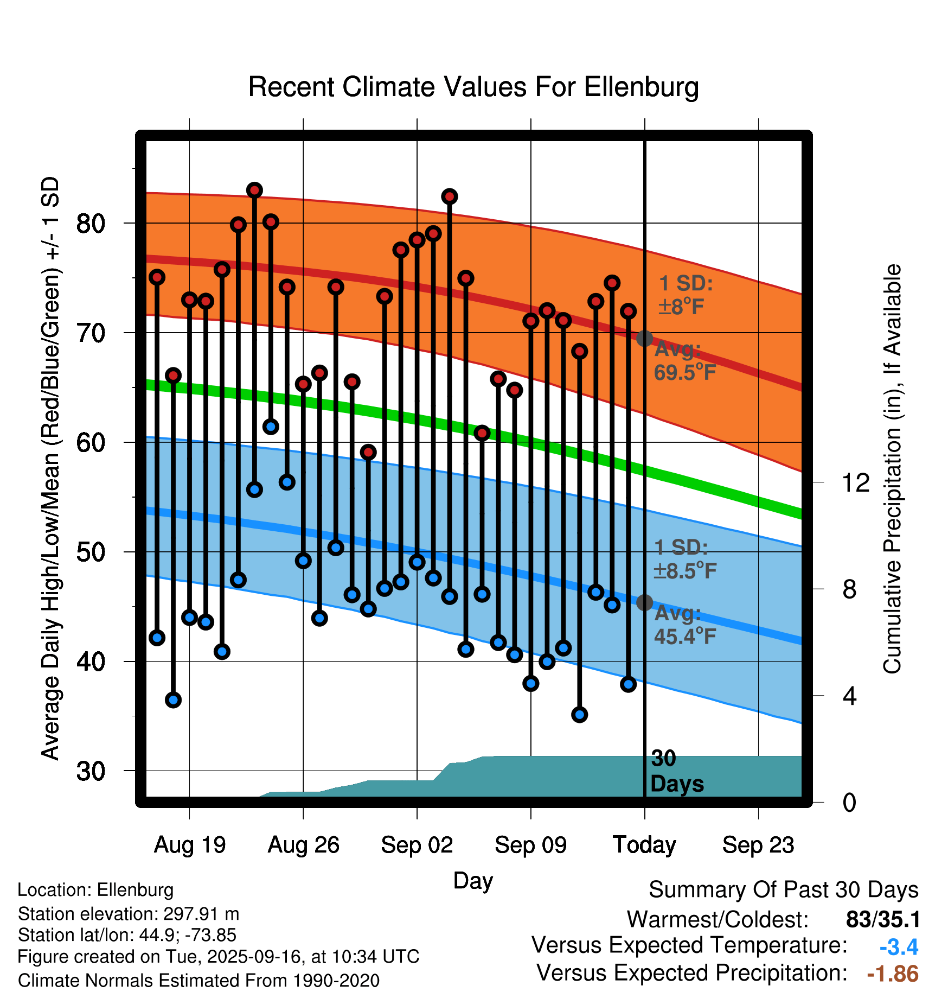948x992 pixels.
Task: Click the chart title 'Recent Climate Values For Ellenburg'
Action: tap(473, 87)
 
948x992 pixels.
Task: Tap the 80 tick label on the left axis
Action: tap(91, 223)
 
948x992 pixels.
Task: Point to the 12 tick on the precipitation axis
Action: tap(855, 482)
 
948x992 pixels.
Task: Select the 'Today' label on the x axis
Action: tap(644, 845)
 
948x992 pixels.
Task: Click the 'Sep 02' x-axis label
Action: tap(417, 845)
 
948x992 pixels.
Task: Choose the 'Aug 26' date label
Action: tap(303, 845)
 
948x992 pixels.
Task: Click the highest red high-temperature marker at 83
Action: tap(254, 190)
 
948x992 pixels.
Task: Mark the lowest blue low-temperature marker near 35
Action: tap(579, 715)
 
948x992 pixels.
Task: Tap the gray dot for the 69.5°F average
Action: tap(644, 339)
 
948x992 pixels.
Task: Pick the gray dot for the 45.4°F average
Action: tap(644, 602)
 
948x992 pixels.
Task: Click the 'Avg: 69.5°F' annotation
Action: tap(684, 361)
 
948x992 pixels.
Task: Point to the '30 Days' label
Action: tap(676, 772)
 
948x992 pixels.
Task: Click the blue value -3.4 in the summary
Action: tap(899, 947)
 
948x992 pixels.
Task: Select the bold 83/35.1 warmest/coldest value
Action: tap(883, 920)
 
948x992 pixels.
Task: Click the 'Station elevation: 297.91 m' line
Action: tap(129, 914)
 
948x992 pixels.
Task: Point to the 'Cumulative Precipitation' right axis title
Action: tap(892, 469)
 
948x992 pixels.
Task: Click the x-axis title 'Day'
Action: tap(473, 881)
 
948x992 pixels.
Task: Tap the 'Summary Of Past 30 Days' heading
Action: tap(783, 890)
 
